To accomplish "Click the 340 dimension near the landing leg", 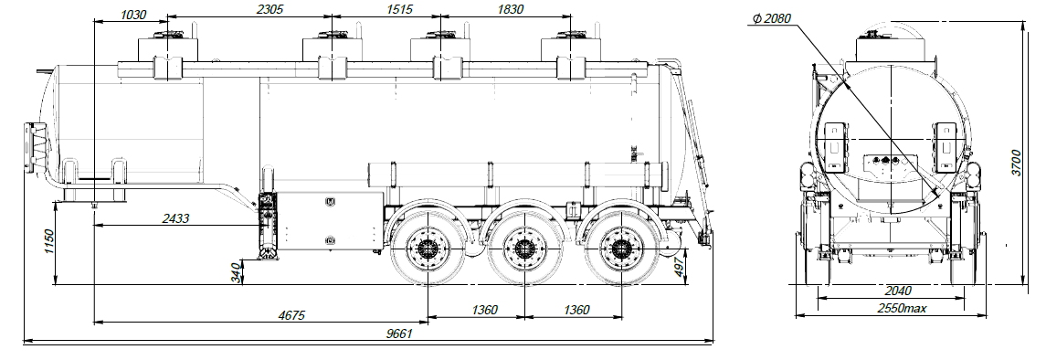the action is click(235, 272).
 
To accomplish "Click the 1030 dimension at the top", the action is click(133, 14).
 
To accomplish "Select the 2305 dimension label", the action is click(270, 8).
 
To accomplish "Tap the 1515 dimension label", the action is click(400, 8).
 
